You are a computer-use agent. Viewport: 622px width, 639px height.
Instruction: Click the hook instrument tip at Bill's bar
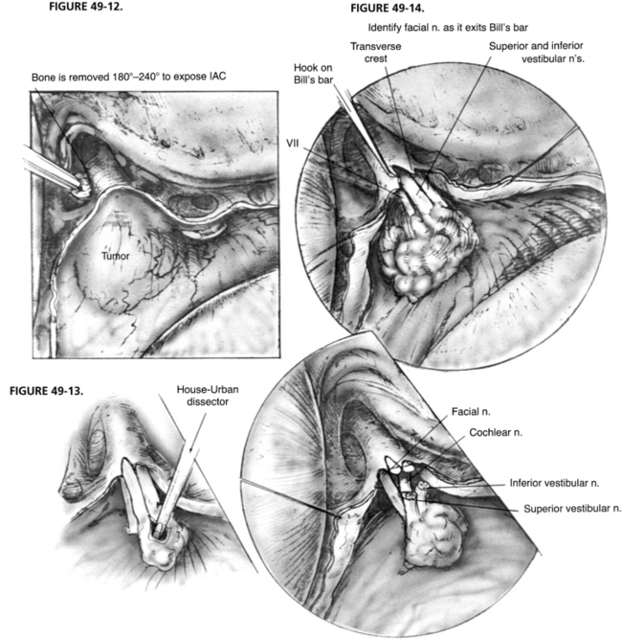pos(391,172)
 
